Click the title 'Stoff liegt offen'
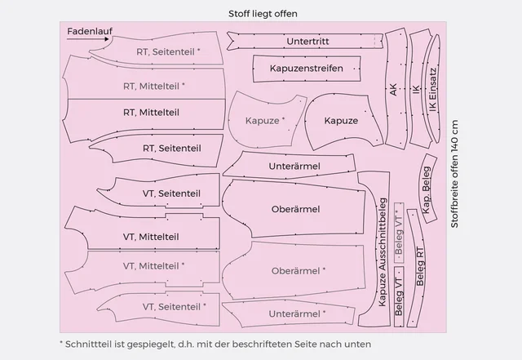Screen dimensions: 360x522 click(263, 14)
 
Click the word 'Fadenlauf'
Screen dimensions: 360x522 click(90, 30)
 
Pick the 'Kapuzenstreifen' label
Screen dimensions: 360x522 click(306, 68)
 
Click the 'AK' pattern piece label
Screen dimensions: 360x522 click(394, 91)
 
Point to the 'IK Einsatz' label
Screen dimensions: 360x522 click(432, 90)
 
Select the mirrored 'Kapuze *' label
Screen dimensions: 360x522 click(266, 121)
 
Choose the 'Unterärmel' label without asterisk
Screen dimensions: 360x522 click(294, 167)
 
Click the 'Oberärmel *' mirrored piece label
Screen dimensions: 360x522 click(299, 270)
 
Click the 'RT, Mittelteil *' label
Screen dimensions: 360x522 click(155, 85)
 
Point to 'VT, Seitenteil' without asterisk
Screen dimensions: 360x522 click(171, 193)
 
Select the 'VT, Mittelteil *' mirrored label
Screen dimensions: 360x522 click(153, 265)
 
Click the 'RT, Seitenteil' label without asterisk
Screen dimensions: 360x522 click(171, 148)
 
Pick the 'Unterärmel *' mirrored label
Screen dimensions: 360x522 click(299, 313)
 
